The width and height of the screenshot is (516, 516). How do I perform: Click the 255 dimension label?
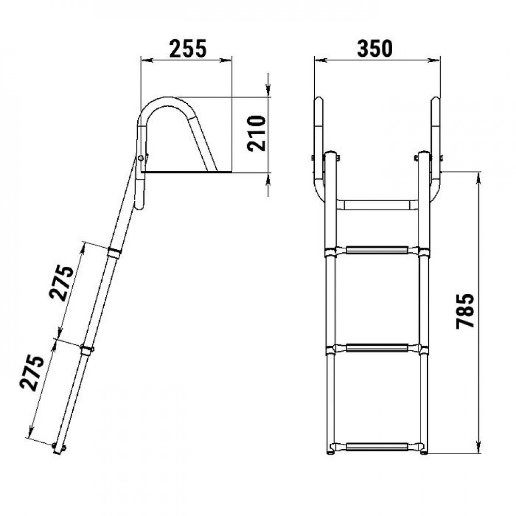coord(188,49)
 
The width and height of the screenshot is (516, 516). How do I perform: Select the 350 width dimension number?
coord(375,49)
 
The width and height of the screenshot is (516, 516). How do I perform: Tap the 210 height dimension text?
coord(256,133)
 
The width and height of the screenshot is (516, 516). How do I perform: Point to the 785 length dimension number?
coord(465,311)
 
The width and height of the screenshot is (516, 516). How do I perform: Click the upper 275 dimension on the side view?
coord(61,282)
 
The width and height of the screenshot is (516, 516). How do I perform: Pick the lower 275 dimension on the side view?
coord(32,373)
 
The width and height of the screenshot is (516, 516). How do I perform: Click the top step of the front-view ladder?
coord(377,250)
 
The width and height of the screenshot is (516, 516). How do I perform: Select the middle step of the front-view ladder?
coord(377,348)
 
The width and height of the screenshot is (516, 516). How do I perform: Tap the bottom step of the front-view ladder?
coord(377,447)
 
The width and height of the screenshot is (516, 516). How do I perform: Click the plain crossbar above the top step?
coord(377,205)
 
